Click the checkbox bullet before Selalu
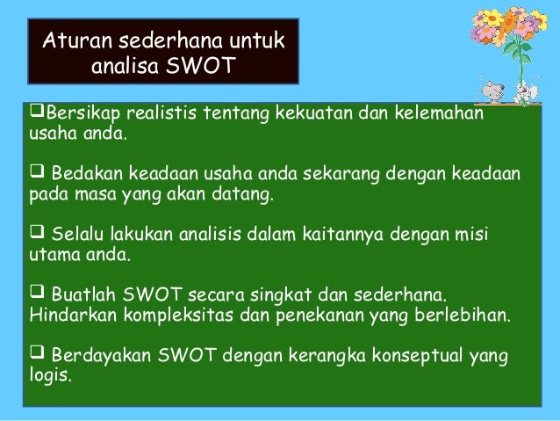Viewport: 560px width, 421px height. point(37,235)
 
